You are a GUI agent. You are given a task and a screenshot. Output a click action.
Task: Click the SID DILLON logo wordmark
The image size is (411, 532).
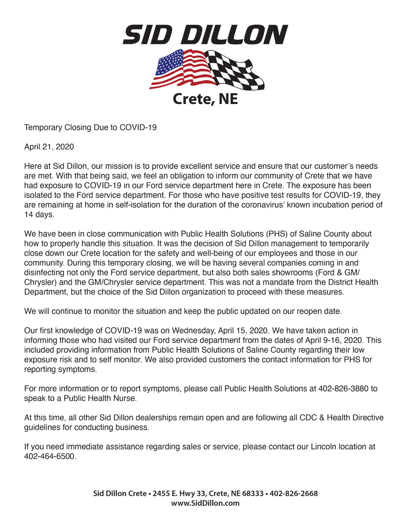pyautogui.click(x=205, y=35)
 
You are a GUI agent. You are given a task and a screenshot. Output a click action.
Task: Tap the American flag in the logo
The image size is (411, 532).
pyautogui.click(x=181, y=68)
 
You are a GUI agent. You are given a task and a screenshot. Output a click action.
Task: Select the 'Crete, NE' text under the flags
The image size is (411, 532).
pyautogui.click(x=205, y=99)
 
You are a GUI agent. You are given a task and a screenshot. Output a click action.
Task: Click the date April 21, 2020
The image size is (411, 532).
pyautogui.click(x=49, y=147)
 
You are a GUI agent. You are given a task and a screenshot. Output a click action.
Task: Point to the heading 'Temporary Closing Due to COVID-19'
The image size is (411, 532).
pyautogui.click(x=90, y=128)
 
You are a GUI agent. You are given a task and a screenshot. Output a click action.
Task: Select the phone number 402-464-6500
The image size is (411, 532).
pyautogui.click(x=49, y=457)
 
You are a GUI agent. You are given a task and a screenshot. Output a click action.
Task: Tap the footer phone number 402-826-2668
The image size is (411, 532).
pyautogui.click(x=294, y=494)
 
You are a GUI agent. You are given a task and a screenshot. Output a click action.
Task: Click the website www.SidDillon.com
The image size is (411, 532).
pyautogui.click(x=205, y=503)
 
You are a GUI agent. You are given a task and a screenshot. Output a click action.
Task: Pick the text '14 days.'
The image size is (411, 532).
pyautogui.click(x=39, y=215)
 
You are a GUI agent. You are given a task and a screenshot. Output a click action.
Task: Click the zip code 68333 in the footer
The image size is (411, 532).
pyautogui.click(x=253, y=494)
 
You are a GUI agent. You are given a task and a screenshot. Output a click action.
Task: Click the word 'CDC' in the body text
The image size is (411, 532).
pyautogui.click(x=308, y=418)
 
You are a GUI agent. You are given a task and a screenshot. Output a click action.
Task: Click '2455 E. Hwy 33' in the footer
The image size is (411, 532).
pyautogui.click(x=179, y=494)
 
